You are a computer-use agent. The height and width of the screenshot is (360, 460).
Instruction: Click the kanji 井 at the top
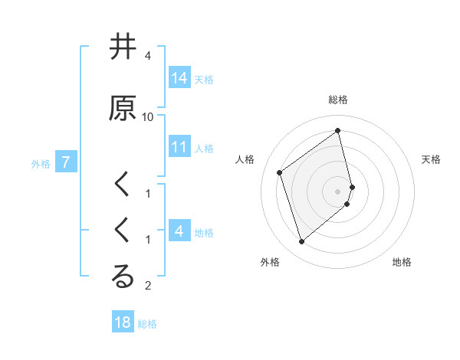123,47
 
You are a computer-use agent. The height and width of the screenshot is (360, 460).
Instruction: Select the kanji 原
123,108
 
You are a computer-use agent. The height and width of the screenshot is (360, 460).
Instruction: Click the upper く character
123,185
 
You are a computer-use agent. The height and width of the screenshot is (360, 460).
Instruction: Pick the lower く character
123,231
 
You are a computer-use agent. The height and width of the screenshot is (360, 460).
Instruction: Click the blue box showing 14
179,77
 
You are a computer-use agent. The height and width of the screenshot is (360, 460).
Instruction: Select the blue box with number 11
179,147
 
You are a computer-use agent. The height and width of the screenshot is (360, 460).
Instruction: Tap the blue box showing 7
66,162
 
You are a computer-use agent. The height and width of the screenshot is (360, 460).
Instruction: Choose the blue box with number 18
123,322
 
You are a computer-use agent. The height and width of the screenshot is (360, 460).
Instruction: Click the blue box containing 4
179,231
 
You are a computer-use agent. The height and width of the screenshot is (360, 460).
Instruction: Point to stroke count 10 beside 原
148,117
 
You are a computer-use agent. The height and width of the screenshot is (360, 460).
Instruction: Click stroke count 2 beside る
148,286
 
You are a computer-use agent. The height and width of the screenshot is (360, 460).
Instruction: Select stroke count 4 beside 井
148,56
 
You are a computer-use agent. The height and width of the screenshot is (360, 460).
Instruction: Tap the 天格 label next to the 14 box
204,79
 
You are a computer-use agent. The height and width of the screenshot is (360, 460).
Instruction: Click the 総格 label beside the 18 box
147,324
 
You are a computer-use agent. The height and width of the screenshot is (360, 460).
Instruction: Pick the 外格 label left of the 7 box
41,163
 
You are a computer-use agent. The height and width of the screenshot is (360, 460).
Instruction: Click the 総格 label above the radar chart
338,100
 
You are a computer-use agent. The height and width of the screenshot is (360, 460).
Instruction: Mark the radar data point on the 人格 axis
280,173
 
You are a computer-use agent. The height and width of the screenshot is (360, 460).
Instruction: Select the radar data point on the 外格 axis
301,242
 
